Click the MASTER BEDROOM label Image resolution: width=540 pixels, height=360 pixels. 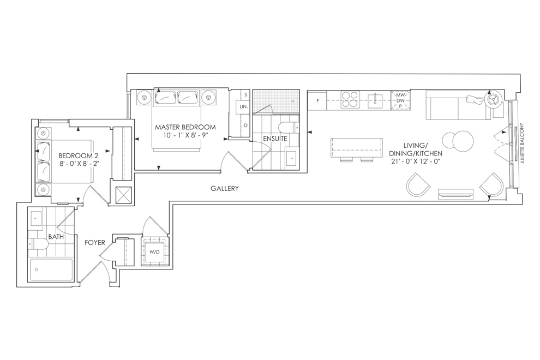point(185,127)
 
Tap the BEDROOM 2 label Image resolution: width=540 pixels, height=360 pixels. point(76,155)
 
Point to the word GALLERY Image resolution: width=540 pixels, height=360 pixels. point(225,188)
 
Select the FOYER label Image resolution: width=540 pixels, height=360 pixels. point(95,243)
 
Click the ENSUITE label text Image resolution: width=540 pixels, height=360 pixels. point(275,139)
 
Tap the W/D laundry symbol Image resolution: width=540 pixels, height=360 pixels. point(154,252)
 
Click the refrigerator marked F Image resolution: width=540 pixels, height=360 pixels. point(317,100)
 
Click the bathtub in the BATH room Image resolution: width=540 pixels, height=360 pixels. point(52,270)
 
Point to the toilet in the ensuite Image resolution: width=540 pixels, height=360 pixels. point(289,128)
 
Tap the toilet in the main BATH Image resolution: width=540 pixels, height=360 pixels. point(38,244)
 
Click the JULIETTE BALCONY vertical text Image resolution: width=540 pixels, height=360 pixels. point(523,143)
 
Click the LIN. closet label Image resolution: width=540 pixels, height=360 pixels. point(243,107)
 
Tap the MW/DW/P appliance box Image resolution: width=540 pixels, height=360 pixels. point(400,100)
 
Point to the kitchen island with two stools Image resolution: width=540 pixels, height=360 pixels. point(356,149)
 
